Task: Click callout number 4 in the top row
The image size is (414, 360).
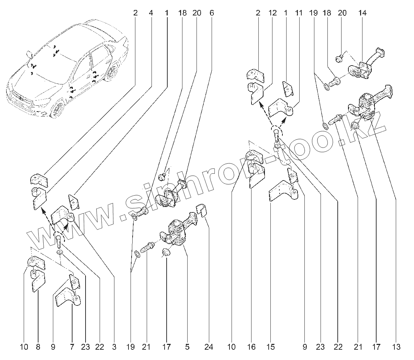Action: (150, 13)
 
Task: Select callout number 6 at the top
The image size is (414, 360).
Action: (211, 13)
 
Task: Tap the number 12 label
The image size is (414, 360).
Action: (272, 13)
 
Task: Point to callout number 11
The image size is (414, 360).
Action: (299, 13)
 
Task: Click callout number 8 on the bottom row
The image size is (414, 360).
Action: (38, 347)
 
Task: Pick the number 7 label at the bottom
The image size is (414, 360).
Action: (72, 347)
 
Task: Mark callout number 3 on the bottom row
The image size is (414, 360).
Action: (114, 347)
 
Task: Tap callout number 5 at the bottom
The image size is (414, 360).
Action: (187, 347)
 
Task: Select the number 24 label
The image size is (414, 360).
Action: (209, 347)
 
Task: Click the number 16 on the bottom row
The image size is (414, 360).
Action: (251, 347)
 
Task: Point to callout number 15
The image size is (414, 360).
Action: (270, 347)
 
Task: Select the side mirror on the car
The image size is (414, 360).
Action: (29, 54)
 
